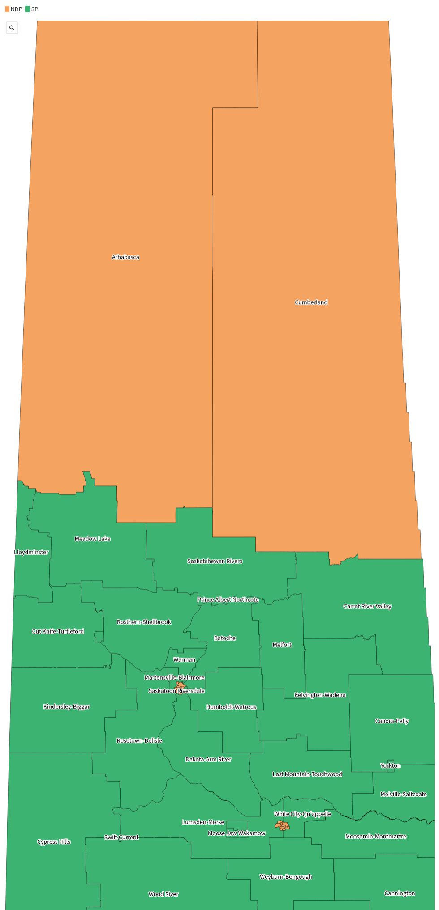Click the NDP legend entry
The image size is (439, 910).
tap(13, 9)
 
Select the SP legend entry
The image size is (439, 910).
tap(32, 9)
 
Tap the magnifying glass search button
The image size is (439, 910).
tap(12, 28)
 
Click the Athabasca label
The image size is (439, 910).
tap(125, 257)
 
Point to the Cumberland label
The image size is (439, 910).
tap(311, 302)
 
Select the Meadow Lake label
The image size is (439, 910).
tap(92, 539)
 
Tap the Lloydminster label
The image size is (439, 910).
tap(31, 552)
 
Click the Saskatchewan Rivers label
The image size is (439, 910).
tap(215, 561)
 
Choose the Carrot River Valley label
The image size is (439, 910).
tap(367, 606)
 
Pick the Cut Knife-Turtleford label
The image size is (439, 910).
tap(58, 631)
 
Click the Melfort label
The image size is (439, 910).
tap(282, 645)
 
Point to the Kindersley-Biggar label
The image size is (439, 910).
tap(67, 706)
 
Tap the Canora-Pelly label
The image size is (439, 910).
tap(392, 721)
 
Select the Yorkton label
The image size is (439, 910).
tap(390, 765)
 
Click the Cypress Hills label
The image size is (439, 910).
tap(54, 842)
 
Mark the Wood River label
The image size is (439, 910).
tap(164, 894)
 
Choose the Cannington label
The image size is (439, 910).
tap(400, 893)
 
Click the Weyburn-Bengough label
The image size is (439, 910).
tap(286, 876)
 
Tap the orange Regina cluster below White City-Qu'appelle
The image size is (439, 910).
tap(282, 826)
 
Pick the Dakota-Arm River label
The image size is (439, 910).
tap(208, 759)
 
